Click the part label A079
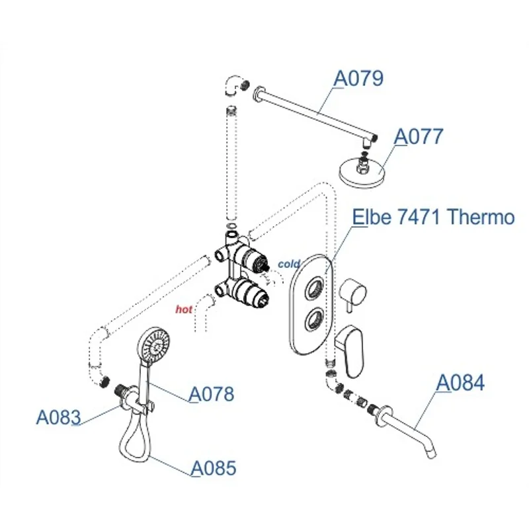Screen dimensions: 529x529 [x=358, y=79]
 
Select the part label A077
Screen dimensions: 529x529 [x=419, y=137]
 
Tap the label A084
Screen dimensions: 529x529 [x=461, y=383]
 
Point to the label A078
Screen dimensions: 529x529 [x=212, y=394]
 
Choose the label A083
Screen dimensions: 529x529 [x=58, y=417]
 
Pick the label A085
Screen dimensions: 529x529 [x=213, y=468]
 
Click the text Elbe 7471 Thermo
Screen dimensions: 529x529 [x=433, y=217]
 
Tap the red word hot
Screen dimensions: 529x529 [x=184, y=308]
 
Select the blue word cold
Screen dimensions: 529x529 [x=289, y=264]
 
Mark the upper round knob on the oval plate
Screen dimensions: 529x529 [x=315, y=287]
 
